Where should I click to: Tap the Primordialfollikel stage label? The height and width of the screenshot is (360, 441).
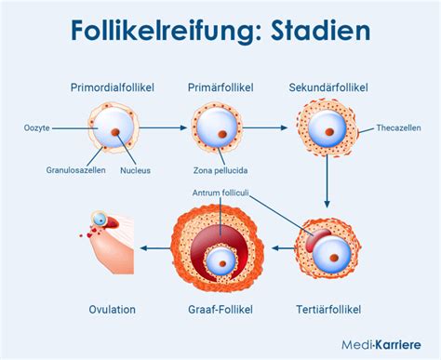112,87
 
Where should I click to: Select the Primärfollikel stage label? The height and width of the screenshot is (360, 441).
220,87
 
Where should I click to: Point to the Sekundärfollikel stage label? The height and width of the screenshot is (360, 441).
327,87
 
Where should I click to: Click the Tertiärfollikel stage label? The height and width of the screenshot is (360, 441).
327,310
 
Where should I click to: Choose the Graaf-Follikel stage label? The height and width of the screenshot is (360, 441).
220,310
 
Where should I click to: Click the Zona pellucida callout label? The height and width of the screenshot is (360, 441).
220,170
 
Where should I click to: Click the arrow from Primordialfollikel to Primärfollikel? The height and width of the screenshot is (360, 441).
162,127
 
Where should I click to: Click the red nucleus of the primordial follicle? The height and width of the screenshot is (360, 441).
117,134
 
